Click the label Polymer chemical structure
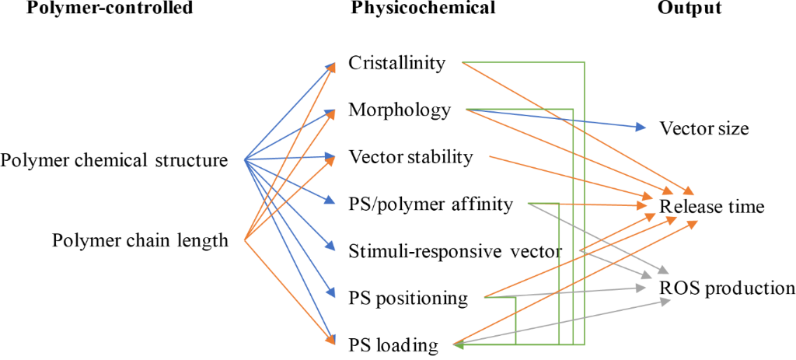click(114, 161)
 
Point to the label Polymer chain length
click(140, 240)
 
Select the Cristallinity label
click(397, 63)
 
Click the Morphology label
click(400, 110)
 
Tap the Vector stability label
click(410, 157)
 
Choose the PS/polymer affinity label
click(431, 204)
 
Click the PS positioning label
click(408, 298)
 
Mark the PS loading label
click(393, 344)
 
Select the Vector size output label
click(704, 128)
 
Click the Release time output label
click(712, 207)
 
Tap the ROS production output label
click(727, 288)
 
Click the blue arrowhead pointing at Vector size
click(641, 128)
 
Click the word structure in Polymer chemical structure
click(194, 161)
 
